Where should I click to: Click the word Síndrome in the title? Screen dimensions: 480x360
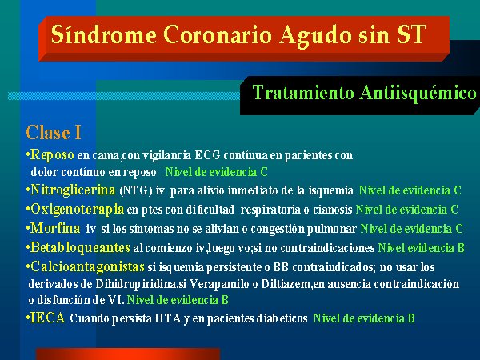click(x=104, y=34)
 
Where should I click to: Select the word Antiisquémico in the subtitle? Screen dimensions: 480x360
click(x=418, y=93)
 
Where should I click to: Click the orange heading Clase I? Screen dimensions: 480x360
click(x=54, y=133)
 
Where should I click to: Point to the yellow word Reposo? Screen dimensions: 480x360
click(x=52, y=155)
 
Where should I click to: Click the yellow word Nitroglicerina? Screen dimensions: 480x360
click(x=73, y=190)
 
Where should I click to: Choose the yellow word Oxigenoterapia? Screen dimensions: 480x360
click(x=77, y=210)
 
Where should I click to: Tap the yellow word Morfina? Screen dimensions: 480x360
click(x=55, y=228)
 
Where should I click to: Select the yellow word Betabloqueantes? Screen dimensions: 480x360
click(x=80, y=248)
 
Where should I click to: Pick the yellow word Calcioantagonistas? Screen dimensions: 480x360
click(x=87, y=267)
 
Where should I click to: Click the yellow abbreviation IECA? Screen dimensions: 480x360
click(x=47, y=318)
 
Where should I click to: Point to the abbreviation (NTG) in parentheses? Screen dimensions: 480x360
click(x=136, y=190)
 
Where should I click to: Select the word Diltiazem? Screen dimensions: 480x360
click(x=286, y=284)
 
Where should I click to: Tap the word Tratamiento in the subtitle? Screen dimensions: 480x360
click(x=303, y=93)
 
